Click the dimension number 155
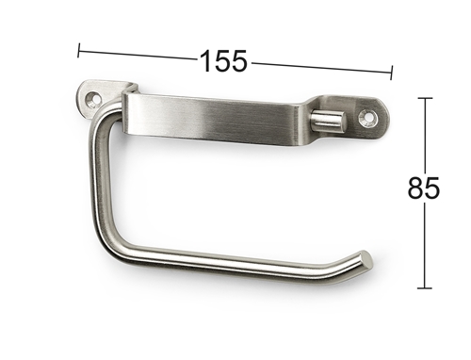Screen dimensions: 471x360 click(x=223, y=61)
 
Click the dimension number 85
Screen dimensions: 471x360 click(x=424, y=188)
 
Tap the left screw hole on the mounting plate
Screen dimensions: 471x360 click(x=94, y=99)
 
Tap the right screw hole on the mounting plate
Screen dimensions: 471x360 click(x=367, y=118)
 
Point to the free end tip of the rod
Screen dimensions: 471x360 click(x=366, y=259)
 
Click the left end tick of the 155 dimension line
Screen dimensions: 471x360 click(x=78, y=50)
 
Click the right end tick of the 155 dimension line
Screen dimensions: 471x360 click(x=392, y=73)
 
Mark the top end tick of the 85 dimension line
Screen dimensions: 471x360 click(x=425, y=98)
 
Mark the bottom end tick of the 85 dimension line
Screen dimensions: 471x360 click(x=425, y=287)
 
